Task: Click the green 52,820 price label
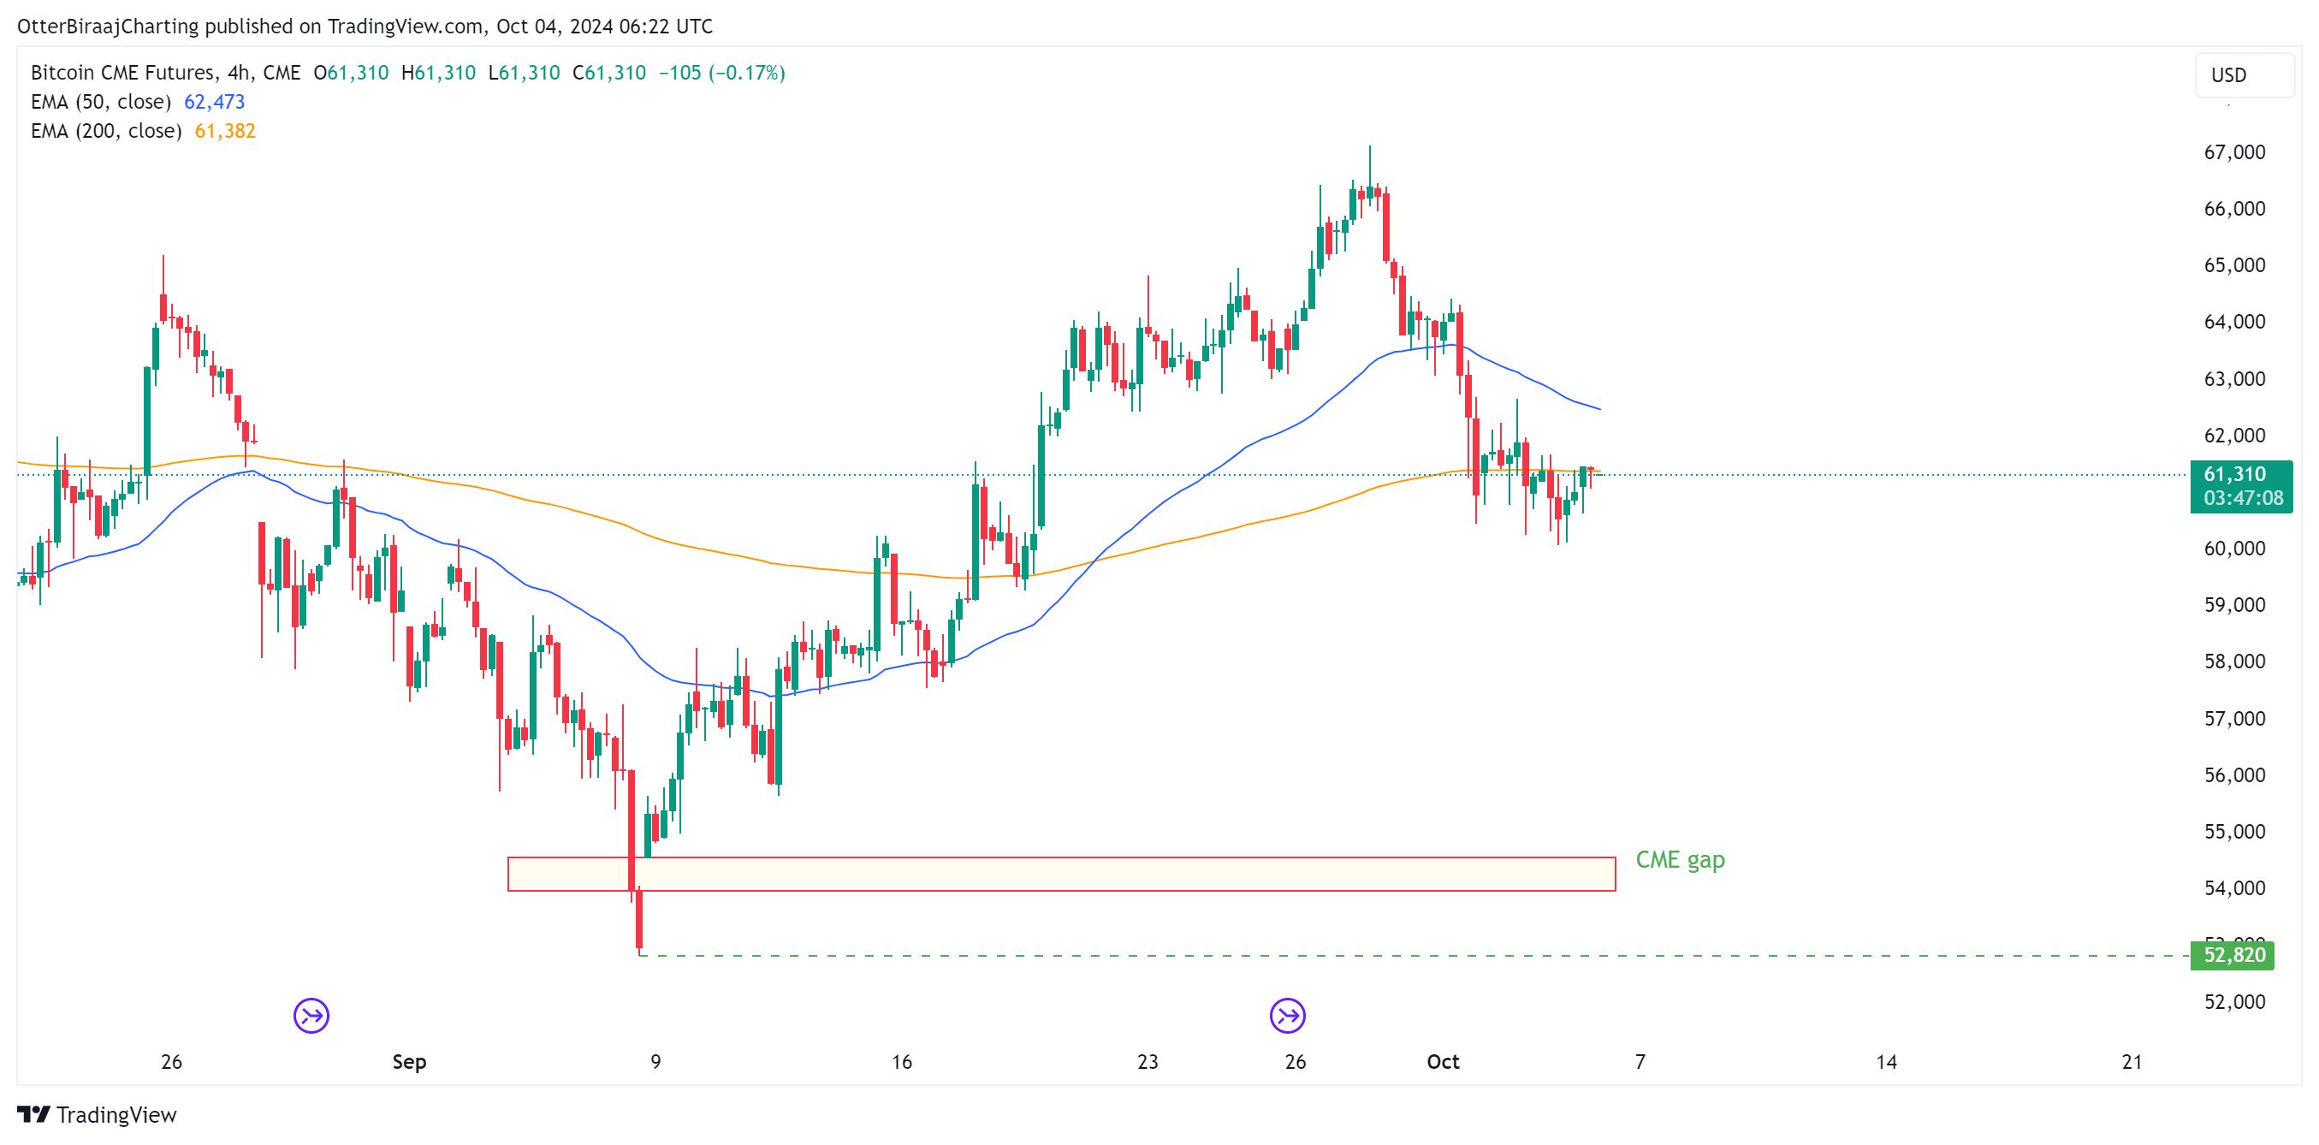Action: (x=2233, y=955)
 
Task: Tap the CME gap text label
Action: (x=1680, y=860)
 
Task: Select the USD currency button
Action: (x=2229, y=74)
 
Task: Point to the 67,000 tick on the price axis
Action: (x=2233, y=152)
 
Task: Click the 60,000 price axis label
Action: (x=2233, y=549)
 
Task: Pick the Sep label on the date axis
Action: (x=409, y=1061)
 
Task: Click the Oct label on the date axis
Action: (x=1442, y=1061)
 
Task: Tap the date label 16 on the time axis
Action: (x=901, y=1061)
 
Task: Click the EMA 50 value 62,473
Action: (x=214, y=102)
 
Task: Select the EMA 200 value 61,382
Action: (x=225, y=132)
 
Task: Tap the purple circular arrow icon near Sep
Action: (x=311, y=1016)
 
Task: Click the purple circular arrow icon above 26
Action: (x=1287, y=1016)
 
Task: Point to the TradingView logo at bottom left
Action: (x=98, y=1114)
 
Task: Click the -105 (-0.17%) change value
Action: (x=721, y=73)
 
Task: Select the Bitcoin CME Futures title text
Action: (x=122, y=73)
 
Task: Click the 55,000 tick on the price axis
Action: (x=2233, y=831)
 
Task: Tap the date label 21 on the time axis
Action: (x=2131, y=1061)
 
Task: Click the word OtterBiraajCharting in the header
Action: (x=108, y=27)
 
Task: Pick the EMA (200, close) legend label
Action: (x=106, y=132)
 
